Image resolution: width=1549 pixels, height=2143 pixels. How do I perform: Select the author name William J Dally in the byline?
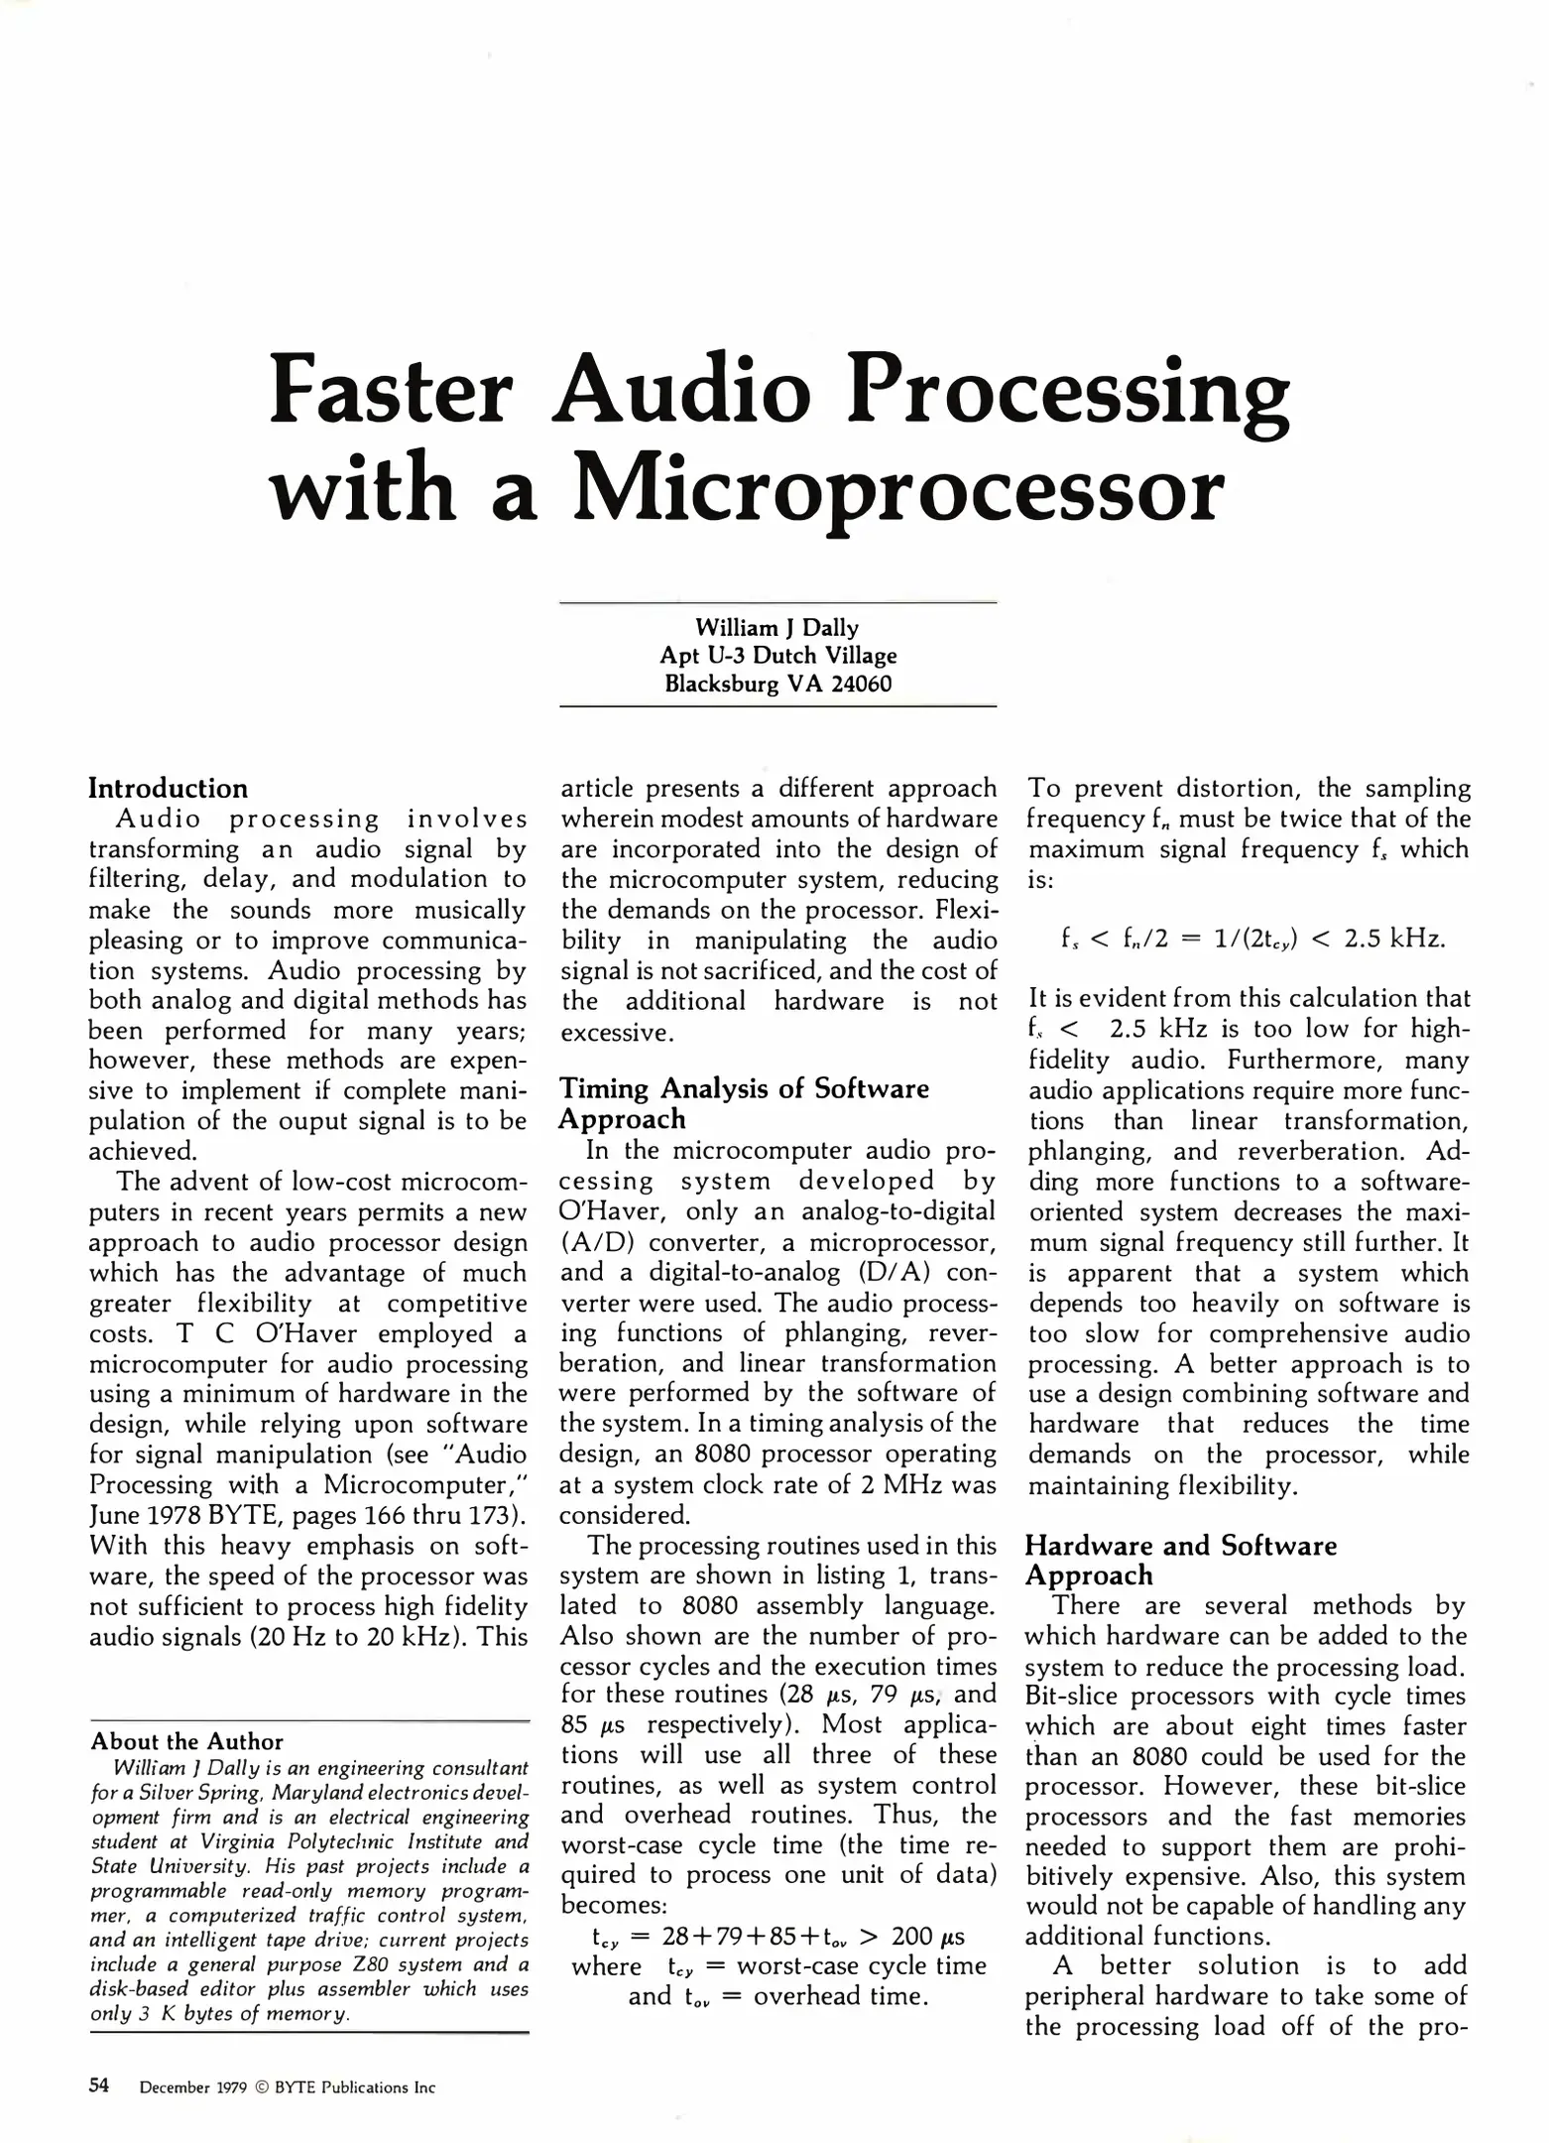tap(776, 627)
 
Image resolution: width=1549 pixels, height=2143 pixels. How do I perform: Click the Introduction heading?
tap(169, 789)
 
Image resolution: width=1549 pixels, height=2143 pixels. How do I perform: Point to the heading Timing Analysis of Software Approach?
tap(744, 1103)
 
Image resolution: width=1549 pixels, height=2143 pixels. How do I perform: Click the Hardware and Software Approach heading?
tap(1180, 1560)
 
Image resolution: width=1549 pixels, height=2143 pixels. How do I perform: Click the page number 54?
tap(99, 2085)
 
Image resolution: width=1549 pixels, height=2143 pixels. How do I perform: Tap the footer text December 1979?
tap(193, 2087)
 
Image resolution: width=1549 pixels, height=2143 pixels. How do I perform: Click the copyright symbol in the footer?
tap(261, 2087)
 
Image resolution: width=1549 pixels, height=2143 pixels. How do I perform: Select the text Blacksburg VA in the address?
tap(739, 684)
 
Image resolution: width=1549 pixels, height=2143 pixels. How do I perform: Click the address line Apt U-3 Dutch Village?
tap(777, 655)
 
